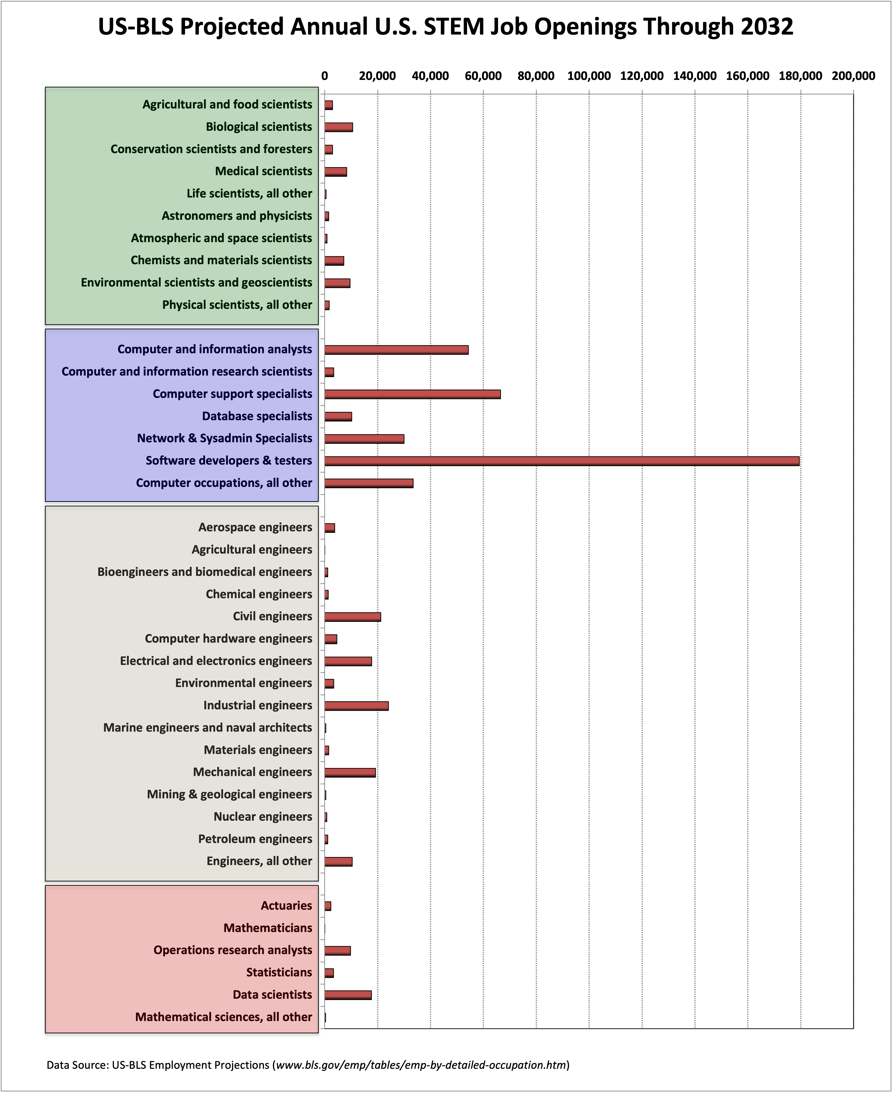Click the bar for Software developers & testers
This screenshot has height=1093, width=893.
(562, 461)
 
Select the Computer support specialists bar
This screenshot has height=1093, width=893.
(413, 394)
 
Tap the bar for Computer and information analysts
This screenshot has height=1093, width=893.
(397, 350)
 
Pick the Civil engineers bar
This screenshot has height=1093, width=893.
(353, 617)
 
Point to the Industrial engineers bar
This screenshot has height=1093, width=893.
(356, 706)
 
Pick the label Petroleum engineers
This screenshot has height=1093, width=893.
(255, 839)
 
